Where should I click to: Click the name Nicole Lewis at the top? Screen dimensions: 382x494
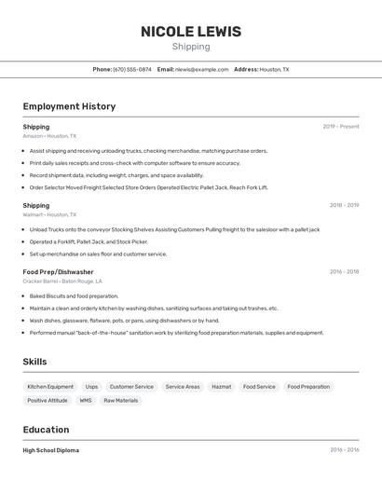[x=191, y=32]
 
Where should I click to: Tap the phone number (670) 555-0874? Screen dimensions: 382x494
[x=132, y=69]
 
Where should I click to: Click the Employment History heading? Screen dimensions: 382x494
[x=69, y=106]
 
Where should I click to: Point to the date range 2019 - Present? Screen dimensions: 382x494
[x=341, y=127]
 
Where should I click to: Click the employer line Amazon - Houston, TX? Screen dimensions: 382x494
[x=49, y=136]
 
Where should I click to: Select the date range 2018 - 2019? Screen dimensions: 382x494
[x=344, y=205]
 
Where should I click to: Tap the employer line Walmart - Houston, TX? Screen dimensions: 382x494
[x=49, y=214]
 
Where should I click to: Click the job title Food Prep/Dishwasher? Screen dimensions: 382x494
[x=58, y=272]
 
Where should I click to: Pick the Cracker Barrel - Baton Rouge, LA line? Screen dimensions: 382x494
[x=62, y=281]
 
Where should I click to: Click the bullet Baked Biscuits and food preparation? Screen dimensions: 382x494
[x=74, y=295]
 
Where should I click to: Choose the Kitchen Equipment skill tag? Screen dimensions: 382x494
[x=50, y=387]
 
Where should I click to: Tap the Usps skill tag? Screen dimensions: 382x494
[x=91, y=387]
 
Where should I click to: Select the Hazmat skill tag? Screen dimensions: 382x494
[x=222, y=387]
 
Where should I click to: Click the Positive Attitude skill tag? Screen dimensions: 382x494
[x=48, y=401]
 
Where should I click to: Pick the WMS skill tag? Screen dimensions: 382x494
[x=86, y=401]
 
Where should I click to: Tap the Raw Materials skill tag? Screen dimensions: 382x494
[x=121, y=401]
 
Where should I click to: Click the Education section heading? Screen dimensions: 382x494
[x=46, y=430]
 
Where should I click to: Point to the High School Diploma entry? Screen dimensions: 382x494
[x=51, y=450]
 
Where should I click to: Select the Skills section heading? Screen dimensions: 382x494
[x=34, y=362]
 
